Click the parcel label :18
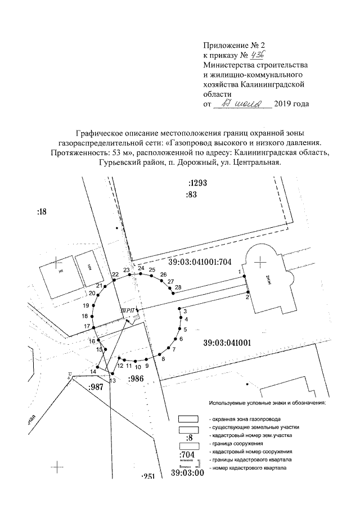pos(43,211)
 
